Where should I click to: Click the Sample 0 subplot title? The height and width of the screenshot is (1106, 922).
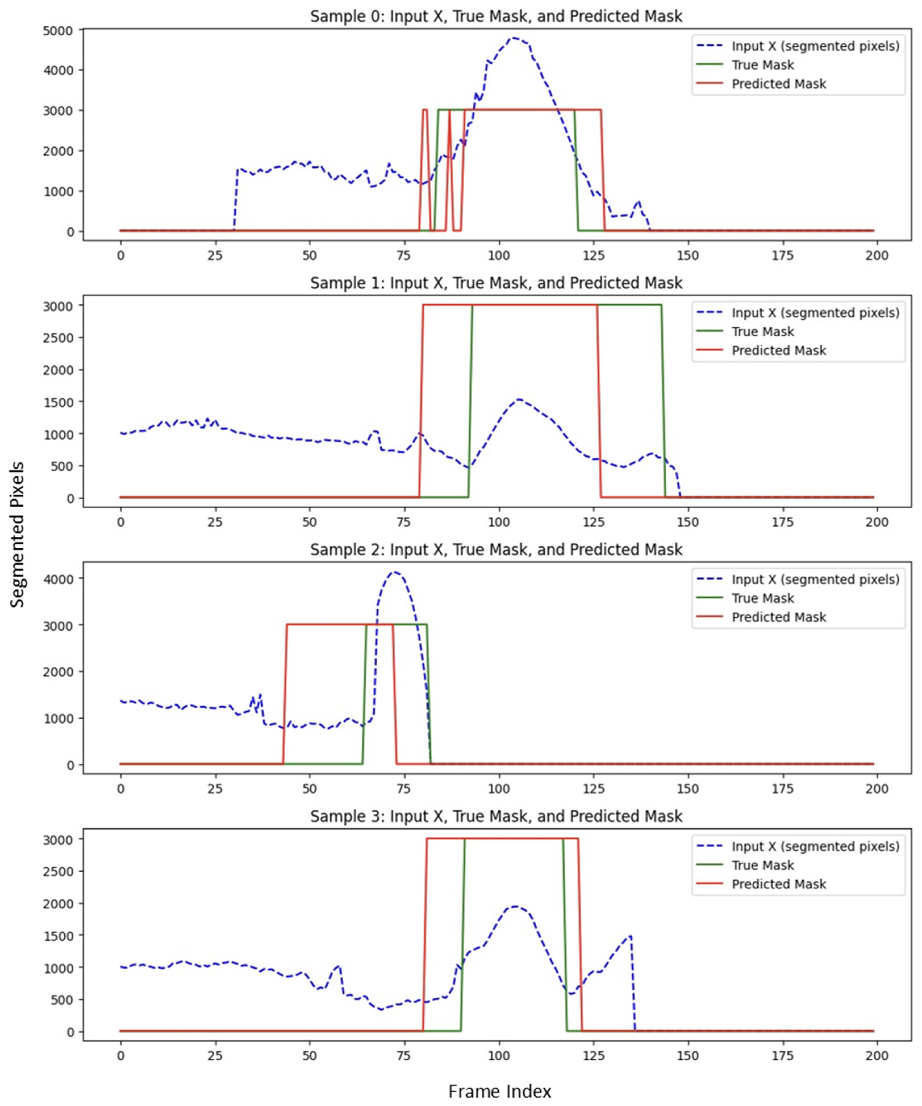point(496,16)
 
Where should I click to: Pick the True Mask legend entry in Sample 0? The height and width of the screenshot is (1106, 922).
point(762,65)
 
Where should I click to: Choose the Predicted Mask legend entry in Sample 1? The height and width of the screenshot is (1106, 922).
point(778,351)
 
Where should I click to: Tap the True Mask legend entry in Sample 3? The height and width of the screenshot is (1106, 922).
point(762,865)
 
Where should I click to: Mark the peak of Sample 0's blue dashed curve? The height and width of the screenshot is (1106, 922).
point(513,38)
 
